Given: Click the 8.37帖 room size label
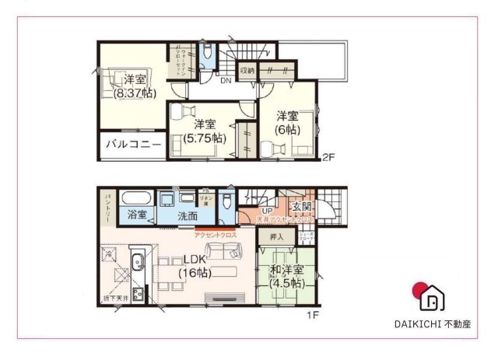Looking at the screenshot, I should coord(135,93).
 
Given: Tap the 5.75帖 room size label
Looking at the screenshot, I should coord(205,138).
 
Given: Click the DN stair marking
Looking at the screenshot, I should coord(225,80).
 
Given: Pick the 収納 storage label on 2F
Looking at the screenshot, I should coord(247,71).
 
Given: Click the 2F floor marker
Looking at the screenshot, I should coord(328,158).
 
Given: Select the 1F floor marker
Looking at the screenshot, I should coord(312,315).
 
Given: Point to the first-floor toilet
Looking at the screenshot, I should coord(226,201).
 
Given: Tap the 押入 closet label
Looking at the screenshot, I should coord(276,237).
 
